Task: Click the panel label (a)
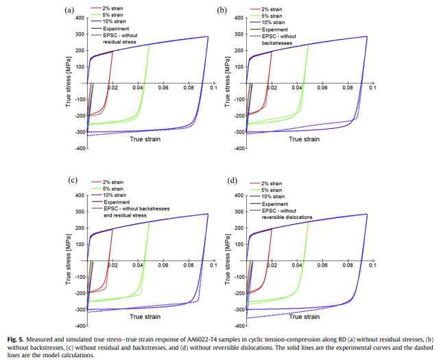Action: pyautogui.click(x=69, y=10)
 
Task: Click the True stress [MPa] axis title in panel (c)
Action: pyautogui.click(x=69, y=254)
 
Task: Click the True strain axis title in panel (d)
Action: pyautogui.click(x=308, y=316)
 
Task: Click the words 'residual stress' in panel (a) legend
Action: pyautogui.click(x=120, y=43)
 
